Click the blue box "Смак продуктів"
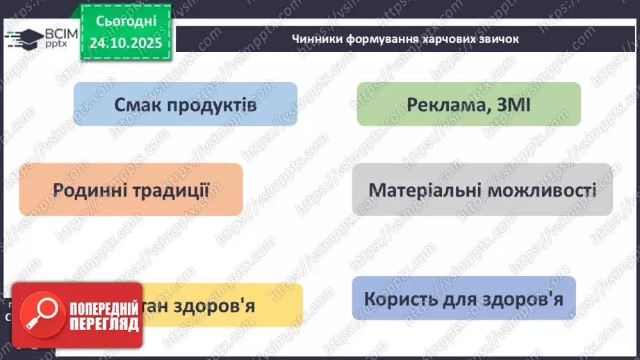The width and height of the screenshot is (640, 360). point(185,104)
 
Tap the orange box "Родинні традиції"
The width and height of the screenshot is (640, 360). point(131,189)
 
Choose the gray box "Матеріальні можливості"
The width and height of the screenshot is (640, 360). point(482,189)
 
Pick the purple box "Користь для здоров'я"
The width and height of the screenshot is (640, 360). point(463,298)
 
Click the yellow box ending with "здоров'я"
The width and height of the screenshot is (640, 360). point(222,305)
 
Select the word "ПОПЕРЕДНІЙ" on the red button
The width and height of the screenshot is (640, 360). point(99,307)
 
